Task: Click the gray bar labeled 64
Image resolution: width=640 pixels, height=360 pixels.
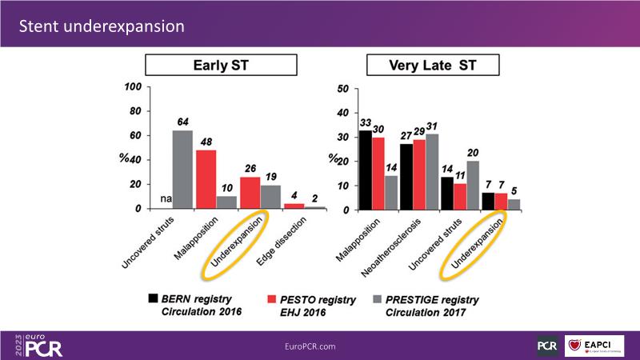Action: [182, 170]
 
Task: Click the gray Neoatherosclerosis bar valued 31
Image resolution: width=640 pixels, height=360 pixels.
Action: [432, 171]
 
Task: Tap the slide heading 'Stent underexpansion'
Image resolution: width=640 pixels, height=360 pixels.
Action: [102, 26]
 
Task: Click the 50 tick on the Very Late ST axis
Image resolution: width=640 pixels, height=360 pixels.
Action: [342, 88]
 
